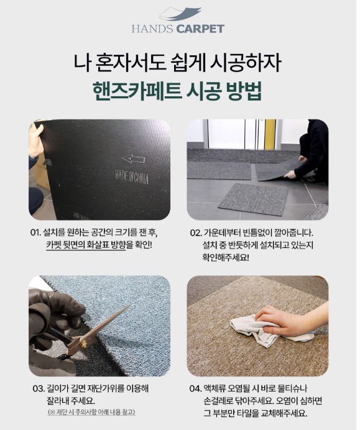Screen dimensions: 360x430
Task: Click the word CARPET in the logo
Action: pos(200,29)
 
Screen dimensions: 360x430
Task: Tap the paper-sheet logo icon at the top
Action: pos(180,14)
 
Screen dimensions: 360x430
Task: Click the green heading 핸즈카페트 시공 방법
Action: pos(177,91)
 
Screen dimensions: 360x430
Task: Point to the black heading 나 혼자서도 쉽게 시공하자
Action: pos(177,63)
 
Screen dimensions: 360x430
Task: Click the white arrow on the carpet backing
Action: pos(133,159)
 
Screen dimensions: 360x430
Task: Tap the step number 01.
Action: pos(35,233)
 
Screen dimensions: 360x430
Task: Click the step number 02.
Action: pos(196,233)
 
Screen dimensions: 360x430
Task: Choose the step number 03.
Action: pos(39,388)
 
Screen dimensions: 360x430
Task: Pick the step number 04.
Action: pos(195,388)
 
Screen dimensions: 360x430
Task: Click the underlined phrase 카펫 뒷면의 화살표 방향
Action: pos(86,245)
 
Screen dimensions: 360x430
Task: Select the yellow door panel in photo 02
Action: pos(270,134)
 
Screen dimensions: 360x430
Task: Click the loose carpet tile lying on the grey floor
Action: pos(253,199)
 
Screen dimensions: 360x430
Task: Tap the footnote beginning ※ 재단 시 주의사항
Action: pos(91,412)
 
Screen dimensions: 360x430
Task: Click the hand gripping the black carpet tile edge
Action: pos(36,141)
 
